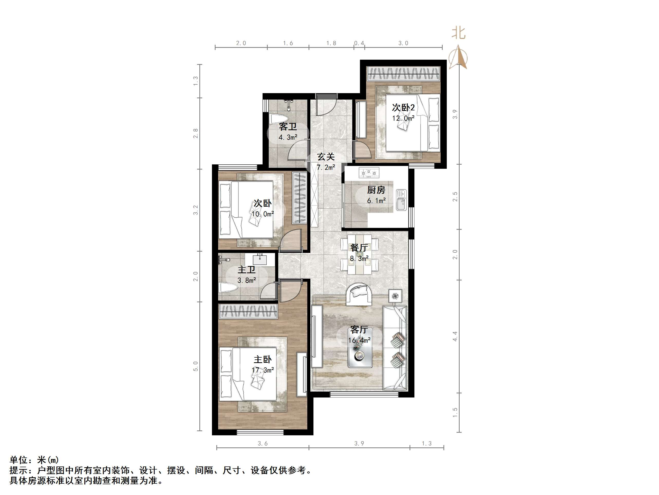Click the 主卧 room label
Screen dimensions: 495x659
[263, 359]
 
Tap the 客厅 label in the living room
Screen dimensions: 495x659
[359, 330]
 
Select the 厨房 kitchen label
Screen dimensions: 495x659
[376, 190]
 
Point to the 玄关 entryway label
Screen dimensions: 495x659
[326, 157]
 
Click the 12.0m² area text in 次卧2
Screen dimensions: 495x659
[403, 118]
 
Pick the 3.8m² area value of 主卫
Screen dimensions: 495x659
[247, 280]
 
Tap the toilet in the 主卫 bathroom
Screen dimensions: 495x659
[228, 288]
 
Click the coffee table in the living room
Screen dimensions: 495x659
[360, 358]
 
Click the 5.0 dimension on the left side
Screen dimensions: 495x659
[196, 366]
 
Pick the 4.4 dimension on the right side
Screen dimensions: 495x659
[455, 336]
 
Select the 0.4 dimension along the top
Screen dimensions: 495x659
[359, 43]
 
